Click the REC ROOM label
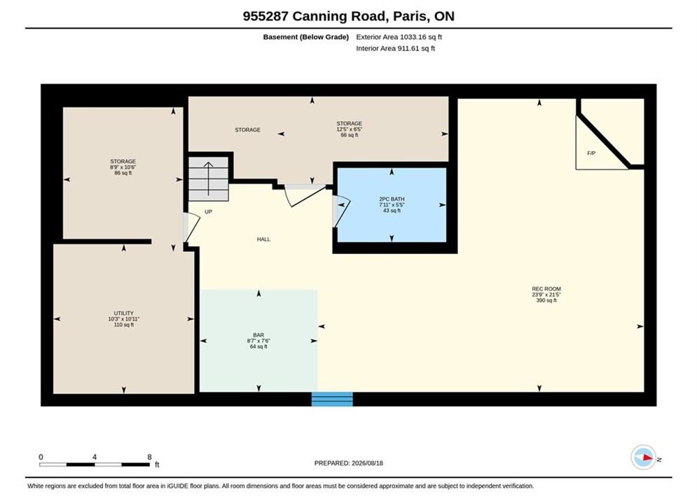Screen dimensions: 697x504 546,288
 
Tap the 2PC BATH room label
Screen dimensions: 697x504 392,199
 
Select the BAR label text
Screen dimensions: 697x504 258,335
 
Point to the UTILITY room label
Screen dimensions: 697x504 123,313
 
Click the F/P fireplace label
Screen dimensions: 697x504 591,153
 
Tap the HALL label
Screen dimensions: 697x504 263,239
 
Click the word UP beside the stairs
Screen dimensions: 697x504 208,212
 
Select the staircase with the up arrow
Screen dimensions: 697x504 209,178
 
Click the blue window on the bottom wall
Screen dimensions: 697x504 332,399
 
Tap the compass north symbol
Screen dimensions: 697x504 644,457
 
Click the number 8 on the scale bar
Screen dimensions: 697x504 149,457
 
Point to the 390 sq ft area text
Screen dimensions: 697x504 546,300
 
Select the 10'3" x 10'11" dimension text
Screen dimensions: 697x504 123,318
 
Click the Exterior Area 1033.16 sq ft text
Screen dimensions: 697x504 399,37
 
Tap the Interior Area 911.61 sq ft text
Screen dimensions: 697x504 395,48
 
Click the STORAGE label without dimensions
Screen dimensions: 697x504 247,129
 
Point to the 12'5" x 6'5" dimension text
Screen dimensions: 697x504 350,129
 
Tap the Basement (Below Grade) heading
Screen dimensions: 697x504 306,37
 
